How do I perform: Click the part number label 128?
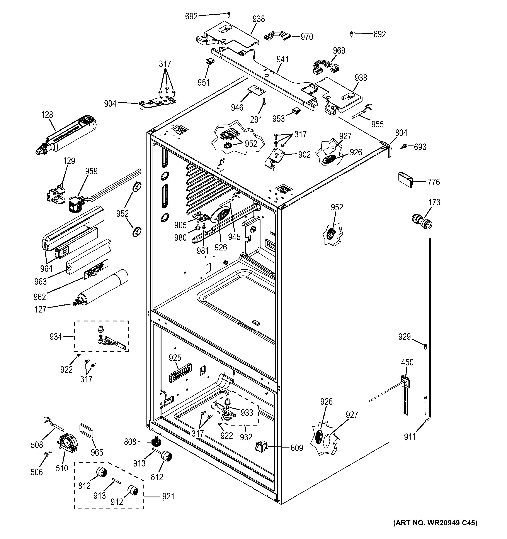tap(47, 115)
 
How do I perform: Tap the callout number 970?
tap(307, 37)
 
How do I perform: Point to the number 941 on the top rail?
tap(282, 59)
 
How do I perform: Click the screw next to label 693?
tap(404, 146)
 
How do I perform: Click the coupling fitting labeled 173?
tap(422, 221)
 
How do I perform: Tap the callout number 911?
tap(410, 437)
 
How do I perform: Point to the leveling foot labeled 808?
tap(155, 442)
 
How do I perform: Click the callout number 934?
tap(56, 337)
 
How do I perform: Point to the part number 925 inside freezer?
tap(175, 358)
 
